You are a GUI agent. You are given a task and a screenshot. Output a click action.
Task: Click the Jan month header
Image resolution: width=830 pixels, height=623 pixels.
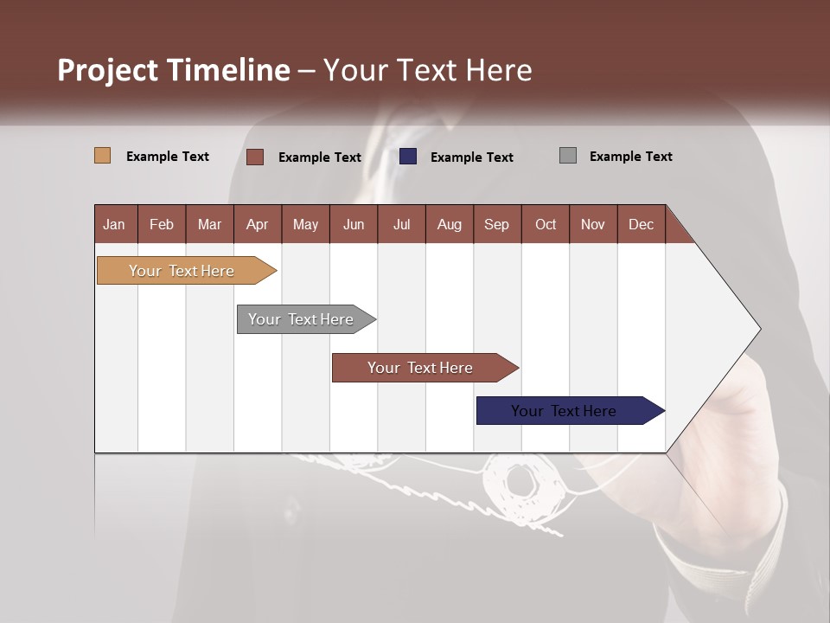(115, 224)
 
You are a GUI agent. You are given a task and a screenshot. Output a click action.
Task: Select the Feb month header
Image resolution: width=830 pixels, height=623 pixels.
(162, 224)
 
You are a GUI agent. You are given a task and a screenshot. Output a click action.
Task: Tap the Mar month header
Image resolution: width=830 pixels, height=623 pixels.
(209, 224)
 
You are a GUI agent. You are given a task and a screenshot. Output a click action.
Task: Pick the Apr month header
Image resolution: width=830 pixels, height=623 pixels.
(258, 224)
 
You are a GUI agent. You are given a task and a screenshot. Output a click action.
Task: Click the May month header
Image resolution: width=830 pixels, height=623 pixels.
(305, 224)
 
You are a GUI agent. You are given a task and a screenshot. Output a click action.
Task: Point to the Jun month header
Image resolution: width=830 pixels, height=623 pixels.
(354, 224)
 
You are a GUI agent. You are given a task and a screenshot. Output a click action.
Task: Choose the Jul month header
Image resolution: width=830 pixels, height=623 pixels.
(401, 224)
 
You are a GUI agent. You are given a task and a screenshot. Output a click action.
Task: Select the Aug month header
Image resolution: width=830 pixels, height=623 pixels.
(450, 224)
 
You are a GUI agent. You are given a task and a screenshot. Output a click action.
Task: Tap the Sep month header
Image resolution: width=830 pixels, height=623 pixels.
(497, 224)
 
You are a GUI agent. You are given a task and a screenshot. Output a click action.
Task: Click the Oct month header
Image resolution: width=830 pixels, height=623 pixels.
(546, 224)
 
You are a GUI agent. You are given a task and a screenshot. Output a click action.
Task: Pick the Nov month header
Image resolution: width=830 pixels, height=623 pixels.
(593, 224)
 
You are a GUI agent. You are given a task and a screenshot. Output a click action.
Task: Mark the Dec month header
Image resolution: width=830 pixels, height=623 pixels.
(642, 224)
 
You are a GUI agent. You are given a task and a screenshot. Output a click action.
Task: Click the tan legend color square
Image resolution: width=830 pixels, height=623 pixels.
(103, 156)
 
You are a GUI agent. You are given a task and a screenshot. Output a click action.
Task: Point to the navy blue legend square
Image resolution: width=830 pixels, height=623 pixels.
(408, 157)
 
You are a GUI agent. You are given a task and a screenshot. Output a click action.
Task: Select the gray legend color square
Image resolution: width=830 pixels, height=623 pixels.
(568, 156)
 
